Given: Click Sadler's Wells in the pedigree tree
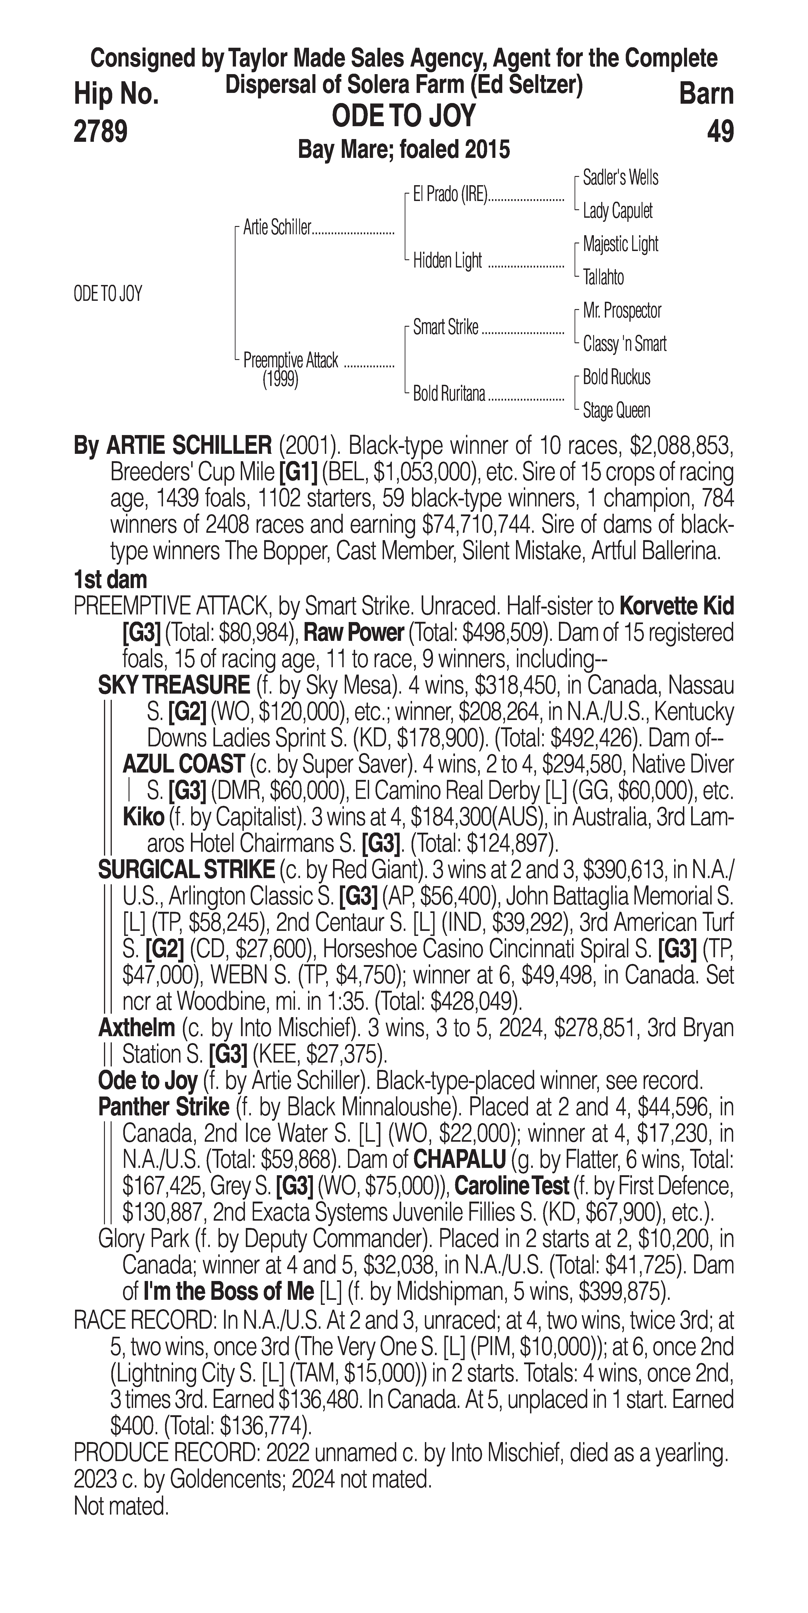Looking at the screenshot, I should [x=620, y=178].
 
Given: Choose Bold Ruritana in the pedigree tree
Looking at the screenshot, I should [x=449, y=394].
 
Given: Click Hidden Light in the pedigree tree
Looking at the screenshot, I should [x=447, y=260].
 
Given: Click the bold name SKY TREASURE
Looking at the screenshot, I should [x=174, y=685].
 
